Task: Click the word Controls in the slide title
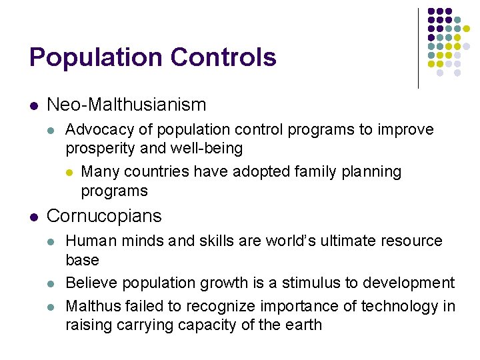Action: [223, 57]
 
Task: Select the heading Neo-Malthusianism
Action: [127, 105]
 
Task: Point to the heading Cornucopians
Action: [104, 216]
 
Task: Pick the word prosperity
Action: [97, 147]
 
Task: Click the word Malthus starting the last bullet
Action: [91, 305]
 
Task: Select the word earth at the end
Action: [303, 325]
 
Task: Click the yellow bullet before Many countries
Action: [69, 172]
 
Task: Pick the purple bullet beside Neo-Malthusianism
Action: [34, 105]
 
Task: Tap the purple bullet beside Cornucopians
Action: [34, 217]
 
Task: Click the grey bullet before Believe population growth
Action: [54, 283]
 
